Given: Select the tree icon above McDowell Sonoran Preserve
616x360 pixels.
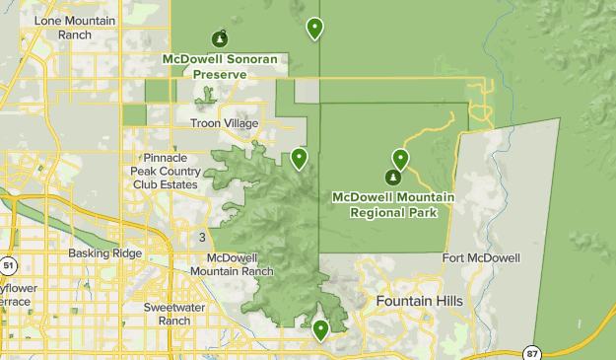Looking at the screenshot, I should (x=220, y=39).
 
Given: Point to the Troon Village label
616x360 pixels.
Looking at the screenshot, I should (x=224, y=123).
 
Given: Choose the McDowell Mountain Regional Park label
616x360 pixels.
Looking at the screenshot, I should (x=393, y=204).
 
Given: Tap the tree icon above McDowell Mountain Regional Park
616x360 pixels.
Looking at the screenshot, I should (x=392, y=178).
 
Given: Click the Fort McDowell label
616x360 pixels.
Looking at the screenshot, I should (x=481, y=258).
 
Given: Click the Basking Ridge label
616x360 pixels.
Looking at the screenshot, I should (x=100, y=253).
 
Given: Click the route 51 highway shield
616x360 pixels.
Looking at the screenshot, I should (x=9, y=265).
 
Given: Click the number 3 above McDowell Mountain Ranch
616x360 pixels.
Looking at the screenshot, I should (x=202, y=238).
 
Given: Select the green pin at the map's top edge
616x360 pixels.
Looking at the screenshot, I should (x=314, y=28).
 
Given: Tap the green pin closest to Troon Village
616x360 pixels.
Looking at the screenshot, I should (x=299, y=157).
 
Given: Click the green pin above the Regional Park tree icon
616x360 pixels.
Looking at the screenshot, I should (x=400, y=158).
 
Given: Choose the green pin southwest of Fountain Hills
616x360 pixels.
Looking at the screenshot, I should (x=320, y=329).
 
